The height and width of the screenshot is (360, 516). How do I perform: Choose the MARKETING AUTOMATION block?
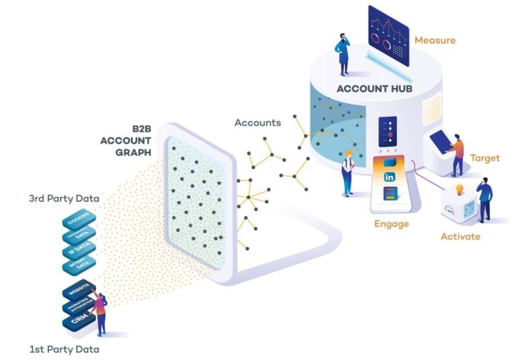75,308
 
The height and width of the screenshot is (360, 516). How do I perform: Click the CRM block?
75,322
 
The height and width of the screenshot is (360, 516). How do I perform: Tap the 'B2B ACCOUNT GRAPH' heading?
127,140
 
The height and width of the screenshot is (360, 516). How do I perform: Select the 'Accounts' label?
257,123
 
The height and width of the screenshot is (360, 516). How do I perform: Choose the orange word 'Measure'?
435,41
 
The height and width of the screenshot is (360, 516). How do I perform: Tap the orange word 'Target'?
484,159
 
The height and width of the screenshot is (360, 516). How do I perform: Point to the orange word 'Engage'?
392,224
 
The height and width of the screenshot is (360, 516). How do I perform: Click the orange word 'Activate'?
460,236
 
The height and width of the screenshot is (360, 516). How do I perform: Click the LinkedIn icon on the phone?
389,177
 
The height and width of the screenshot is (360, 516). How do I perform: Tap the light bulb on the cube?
460,190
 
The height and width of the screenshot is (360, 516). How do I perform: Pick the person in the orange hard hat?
348,173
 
